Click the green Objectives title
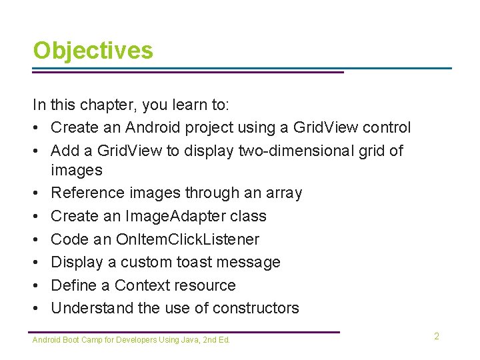click(93, 51)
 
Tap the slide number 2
click(437, 336)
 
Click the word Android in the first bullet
click(147, 127)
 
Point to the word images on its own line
click(77, 171)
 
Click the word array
click(282, 193)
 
